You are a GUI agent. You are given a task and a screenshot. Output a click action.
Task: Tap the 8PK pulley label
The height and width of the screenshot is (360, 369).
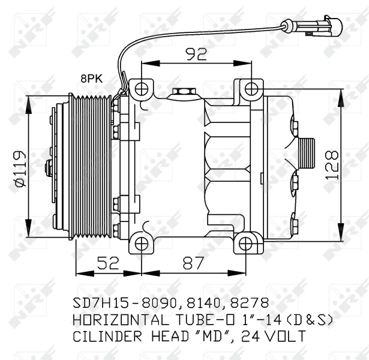[92, 77]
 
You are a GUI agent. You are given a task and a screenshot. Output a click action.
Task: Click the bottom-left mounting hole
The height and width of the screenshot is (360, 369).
[140, 242]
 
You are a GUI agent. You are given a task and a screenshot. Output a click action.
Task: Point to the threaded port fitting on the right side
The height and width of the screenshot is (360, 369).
[308, 153]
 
